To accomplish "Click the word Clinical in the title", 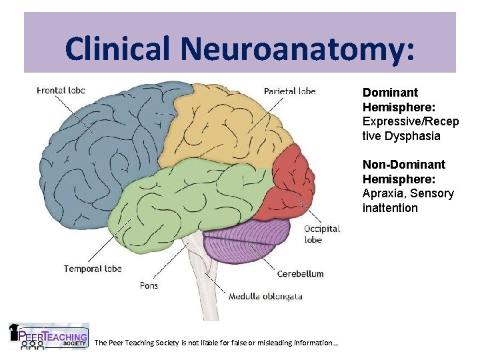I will point(119,48).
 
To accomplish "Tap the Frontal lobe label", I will point(61,91).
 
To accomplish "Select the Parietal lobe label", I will point(290,91).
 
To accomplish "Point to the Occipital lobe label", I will point(322,234).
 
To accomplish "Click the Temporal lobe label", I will point(93,269).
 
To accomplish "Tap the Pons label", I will point(149,285).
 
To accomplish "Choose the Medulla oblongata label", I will point(265,297).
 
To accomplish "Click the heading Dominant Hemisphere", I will point(391,99).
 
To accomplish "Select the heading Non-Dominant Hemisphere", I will point(404,171).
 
